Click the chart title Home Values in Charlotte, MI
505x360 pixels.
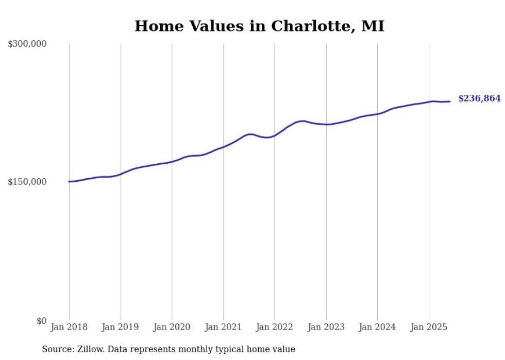(x=259, y=26)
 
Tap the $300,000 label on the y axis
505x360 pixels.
(x=27, y=44)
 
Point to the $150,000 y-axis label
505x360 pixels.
(x=27, y=182)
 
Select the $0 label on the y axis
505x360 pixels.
(x=41, y=321)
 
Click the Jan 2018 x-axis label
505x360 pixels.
(x=69, y=327)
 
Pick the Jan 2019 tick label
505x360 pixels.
(x=121, y=327)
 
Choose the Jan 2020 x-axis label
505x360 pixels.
(x=172, y=327)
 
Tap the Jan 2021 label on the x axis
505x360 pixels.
(x=223, y=327)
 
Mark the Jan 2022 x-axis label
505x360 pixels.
(x=275, y=327)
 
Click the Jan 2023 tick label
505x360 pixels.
(x=326, y=327)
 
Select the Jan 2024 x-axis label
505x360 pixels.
(x=377, y=327)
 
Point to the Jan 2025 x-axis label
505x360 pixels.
(x=429, y=327)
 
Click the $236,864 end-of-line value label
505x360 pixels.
(x=479, y=98)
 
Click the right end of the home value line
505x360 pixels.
(x=450, y=101)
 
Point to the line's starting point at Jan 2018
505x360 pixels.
(x=69, y=181)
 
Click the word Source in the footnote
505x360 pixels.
(x=56, y=349)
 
